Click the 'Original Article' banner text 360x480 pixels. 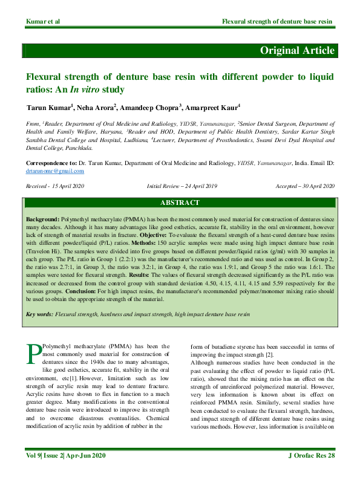click(x=296, y=50)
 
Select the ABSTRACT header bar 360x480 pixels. click(x=180, y=203)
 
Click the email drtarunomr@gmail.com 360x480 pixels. click(x=54, y=172)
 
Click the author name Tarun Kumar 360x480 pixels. click(x=48, y=108)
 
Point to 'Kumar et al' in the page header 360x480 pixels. click(x=43, y=22)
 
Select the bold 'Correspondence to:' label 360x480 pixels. click(x=51, y=164)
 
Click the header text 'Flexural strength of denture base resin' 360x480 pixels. click(x=277, y=22)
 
